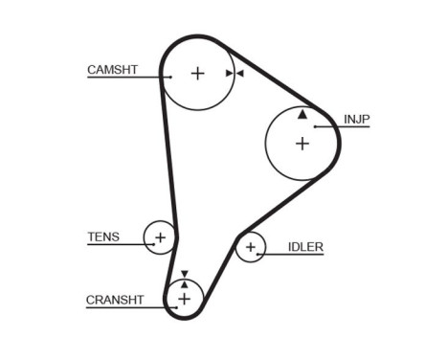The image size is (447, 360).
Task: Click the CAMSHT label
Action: tap(111, 69)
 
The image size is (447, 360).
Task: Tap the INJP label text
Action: tap(356, 120)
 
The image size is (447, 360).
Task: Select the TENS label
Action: tap(102, 236)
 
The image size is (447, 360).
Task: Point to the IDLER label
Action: tap(305, 247)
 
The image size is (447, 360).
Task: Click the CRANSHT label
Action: tap(115, 300)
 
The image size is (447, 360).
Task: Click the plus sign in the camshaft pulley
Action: tap(197, 73)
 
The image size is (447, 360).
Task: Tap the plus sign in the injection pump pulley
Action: tap(302, 144)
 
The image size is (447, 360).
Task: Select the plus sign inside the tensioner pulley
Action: tap(161, 236)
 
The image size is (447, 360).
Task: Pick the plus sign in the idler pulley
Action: tap(251, 248)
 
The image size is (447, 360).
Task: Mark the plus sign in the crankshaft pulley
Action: tap(184, 299)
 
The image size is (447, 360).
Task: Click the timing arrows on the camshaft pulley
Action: tap(235, 73)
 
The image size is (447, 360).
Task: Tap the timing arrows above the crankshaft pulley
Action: tap(184, 278)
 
